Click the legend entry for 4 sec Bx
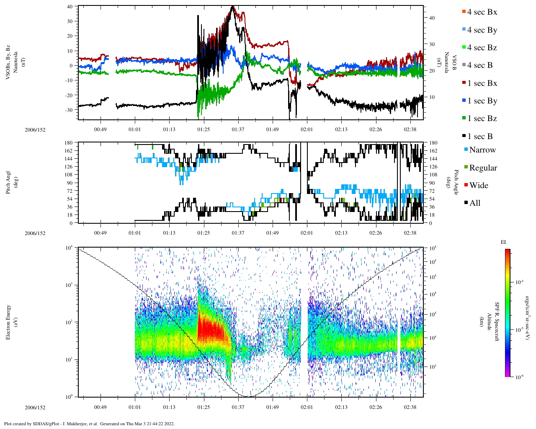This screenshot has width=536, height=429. (x=482, y=12)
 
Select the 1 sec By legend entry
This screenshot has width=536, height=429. (x=482, y=101)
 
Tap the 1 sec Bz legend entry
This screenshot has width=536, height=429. (x=482, y=119)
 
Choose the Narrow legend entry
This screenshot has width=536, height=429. (x=482, y=150)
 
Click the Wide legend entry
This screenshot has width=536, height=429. (x=478, y=186)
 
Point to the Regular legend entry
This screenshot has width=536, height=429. (x=483, y=168)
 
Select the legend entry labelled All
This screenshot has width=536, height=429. (x=474, y=203)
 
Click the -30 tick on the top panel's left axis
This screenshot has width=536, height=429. (x=70, y=110)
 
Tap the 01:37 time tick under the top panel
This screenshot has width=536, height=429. (x=238, y=129)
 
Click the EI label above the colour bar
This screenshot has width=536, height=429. (x=503, y=242)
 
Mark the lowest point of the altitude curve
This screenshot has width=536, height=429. (x=248, y=396)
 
